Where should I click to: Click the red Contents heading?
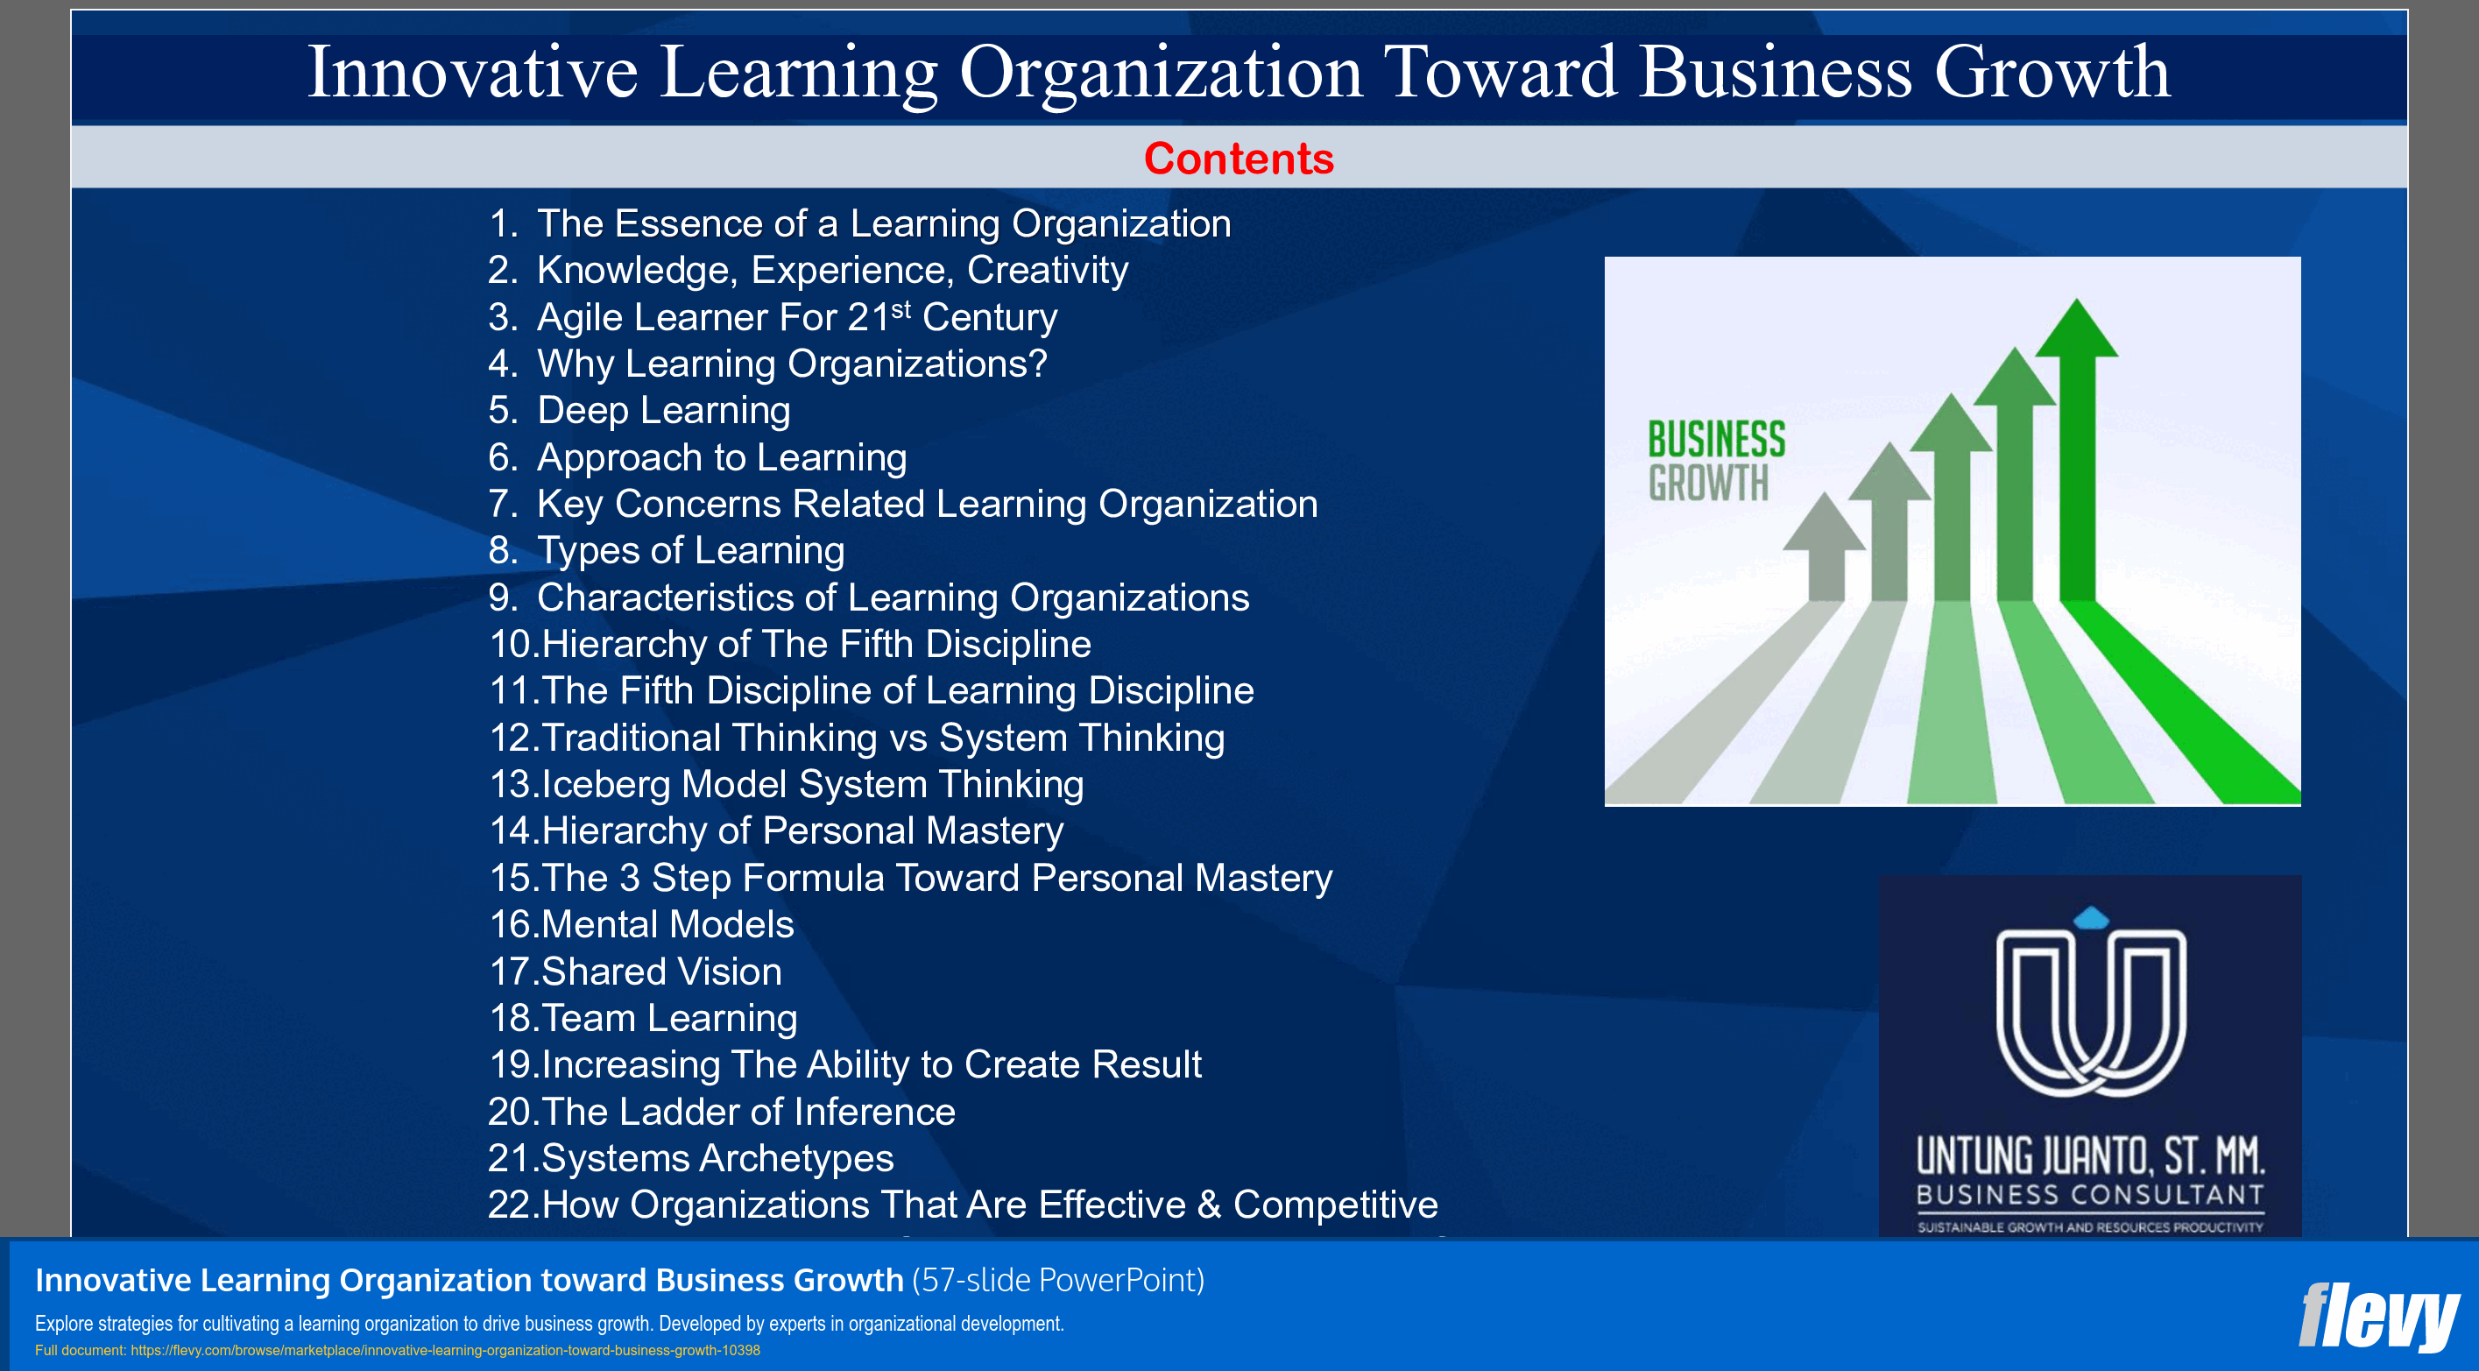[1239, 159]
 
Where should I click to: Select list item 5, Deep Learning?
[663, 411]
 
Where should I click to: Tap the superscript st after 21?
[900, 309]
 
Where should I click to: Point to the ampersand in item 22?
[1209, 1205]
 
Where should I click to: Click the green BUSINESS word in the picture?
[1716, 440]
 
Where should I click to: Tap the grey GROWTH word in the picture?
[1708, 483]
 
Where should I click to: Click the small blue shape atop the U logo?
[2091, 918]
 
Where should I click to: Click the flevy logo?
[2378, 1316]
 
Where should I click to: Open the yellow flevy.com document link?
[445, 1351]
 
